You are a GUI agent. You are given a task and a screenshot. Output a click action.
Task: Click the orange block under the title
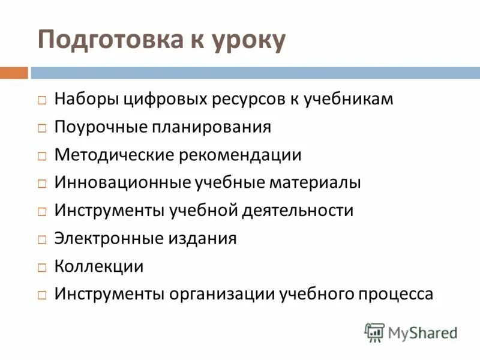pyautogui.click(x=14, y=73)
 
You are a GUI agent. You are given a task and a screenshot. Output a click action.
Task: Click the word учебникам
pyautogui.click(x=349, y=98)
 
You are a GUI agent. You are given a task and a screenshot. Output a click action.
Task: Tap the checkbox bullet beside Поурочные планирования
pyautogui.click(x=41, y=128)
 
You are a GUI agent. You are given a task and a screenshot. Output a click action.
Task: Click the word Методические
pyautogui.click(x=106, y=155)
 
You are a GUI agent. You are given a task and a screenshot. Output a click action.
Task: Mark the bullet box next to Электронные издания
pyautogui.click(x=41, y=239)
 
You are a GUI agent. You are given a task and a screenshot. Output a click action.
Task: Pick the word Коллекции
pyautogui.click(x=99, y=266)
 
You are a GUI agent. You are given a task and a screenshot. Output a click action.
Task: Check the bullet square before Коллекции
pyautogui.click(x=41, y=267)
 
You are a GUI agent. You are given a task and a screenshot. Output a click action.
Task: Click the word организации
pyautogui.click(x=223, y=294)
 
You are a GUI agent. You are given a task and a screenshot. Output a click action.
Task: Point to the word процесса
pyautogui.click(x=394, y=294)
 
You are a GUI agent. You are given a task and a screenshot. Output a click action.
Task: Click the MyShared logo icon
pyautogui.click(x=374, y=332)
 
